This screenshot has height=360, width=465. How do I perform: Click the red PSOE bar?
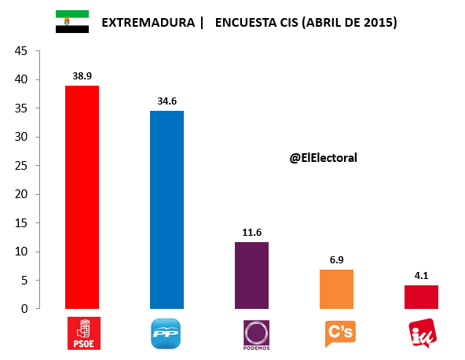click(82, 197)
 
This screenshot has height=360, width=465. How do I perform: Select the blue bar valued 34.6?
click(167, 209)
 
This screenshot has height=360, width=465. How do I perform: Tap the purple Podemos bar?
click(251, 275)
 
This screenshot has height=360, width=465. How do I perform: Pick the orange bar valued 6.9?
click(336, 288)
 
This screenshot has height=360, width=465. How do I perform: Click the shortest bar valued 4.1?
click(421, 296)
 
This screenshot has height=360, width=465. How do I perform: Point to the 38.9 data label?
click(82, 76)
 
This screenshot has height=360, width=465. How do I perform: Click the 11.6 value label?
click(251, 233)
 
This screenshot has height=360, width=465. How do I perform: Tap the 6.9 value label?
click(336, 259)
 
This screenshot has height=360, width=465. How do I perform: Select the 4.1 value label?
click(421, 276)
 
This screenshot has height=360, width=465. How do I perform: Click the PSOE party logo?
click(82, 332)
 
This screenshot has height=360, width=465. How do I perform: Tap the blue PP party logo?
click(167, 333)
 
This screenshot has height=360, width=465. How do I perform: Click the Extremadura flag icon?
click(71, 22)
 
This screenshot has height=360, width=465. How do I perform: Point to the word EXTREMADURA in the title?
click(148, 23)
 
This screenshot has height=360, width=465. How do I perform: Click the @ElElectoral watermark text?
click(323, 158)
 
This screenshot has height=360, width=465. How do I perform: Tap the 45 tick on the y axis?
click(21, 51)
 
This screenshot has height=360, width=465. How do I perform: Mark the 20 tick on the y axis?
click(21, 194)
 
